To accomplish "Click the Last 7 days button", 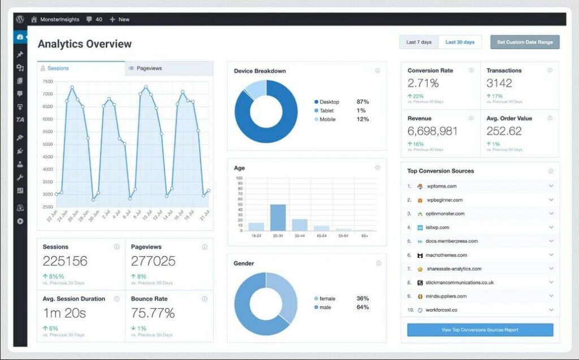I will click(x=419, y=42).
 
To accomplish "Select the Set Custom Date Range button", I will click(x=525, y=42).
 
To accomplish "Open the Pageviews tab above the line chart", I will click(x=149, y=68).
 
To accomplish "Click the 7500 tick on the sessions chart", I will click(x=47, y=81).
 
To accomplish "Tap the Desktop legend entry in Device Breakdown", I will click(x=329, y=102).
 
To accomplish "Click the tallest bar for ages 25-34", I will click(x=278, y=217).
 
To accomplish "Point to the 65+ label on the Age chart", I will click(x=365, y=235).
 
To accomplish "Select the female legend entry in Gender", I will click(x=327, y=298).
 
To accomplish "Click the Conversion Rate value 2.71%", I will click(x=423, y=83).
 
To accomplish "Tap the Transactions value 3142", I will click(x=499, y=83).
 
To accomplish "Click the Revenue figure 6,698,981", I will click(x=433, y=131).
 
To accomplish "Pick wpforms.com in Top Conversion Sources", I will click(x=441, y=186).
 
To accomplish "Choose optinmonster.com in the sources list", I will click(x=445, y=214).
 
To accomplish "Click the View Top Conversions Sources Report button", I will click(x=480, y=330).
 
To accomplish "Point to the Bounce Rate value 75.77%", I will click(x=153, y=313).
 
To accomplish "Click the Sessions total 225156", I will click(x=65, y=261).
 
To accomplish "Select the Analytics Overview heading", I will click(x=84, y=44).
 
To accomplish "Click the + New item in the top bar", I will click(x=119, y=19).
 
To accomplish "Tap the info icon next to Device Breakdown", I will click(x=377, y=71).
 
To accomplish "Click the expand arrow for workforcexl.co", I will click(x=551, y=310).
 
